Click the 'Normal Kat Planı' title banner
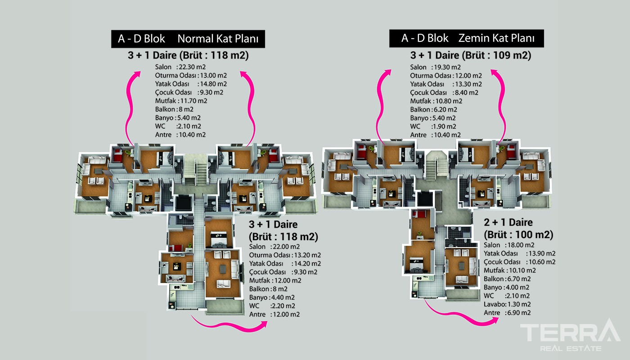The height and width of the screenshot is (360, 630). click(188, 39)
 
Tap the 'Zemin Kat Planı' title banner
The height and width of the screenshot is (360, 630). click(466, 38)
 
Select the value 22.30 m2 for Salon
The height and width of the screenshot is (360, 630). click(192, 67)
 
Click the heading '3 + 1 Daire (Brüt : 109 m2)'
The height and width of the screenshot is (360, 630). click(471, 55)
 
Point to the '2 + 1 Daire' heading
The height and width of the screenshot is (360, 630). click(508, 222)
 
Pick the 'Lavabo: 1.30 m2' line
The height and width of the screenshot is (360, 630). click(507, 304)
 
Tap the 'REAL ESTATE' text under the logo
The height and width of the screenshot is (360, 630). click(571, 349)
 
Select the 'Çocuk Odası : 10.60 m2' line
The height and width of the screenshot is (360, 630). click(519, 262)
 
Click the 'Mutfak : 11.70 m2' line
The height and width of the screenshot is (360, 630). click(181, 101)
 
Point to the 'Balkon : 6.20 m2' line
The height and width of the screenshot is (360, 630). click(433, 110)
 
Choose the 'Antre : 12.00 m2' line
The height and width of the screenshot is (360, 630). click(274, 315)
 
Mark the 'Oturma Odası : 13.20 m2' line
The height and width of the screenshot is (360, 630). click(285, 256)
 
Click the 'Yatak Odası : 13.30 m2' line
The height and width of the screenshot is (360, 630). click(446, 85)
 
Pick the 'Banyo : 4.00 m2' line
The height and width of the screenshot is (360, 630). click(506, 288)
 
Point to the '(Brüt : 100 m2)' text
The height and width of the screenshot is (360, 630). click(518, 234)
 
